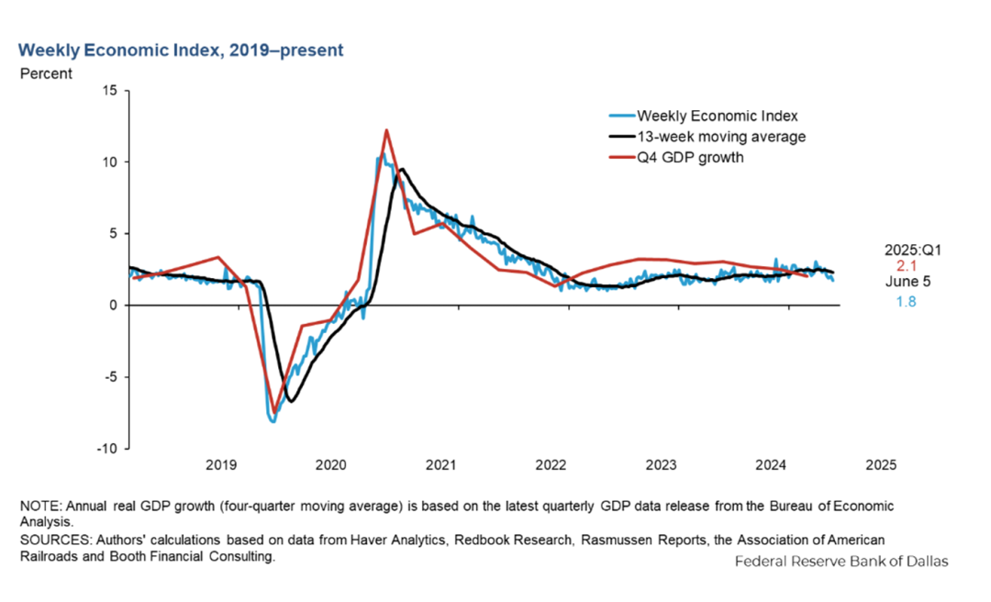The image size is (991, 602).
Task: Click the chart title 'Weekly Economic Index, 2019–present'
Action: point(181,50)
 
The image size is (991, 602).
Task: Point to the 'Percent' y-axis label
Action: point(46,73)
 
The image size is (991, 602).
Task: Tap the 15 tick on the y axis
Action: point(111,90)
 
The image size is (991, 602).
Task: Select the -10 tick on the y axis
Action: point(108,449)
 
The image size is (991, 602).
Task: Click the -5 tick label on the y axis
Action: point(111,377)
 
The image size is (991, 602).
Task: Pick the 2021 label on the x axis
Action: point(441,465)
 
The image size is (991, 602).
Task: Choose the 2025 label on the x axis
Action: point(882,465)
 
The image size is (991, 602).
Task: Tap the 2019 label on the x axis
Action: point(221,465)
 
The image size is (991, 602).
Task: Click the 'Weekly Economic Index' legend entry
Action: point(717,116)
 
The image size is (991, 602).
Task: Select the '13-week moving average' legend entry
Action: point(721,137)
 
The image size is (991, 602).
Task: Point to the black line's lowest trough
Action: point(291,401)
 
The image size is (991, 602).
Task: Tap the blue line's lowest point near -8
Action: point(273,421)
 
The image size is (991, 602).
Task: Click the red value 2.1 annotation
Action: point(906,266)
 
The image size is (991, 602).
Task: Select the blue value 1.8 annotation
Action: point(906,301)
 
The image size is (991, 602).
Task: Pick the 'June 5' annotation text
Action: point(906,283)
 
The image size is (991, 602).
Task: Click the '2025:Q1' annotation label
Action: point(906,249)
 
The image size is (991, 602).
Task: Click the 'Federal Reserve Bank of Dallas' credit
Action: point(841,561)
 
